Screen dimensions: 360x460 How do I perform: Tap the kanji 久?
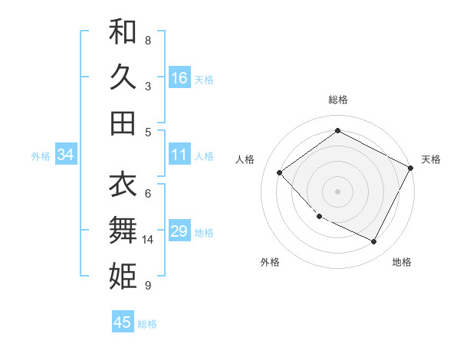click(x=123, y=77)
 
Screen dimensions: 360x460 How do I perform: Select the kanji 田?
click(x=123, y=123)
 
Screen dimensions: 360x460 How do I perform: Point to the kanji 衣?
click(x=123, y=184)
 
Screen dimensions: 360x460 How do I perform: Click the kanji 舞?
click(x=123, y=230)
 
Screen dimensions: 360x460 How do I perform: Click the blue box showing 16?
click(x=179, y=77)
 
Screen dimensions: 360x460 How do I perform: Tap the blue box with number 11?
click(x=179, y=155)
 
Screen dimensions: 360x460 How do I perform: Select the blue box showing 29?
click(x=179, y=231)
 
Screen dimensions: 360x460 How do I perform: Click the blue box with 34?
click(x=66, y=155)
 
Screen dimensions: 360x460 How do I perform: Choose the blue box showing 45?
click(x=123, y=322)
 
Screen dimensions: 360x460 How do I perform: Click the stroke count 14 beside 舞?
click(x=148, y=240)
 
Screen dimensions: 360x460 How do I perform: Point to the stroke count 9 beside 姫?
click(x=148, y=286)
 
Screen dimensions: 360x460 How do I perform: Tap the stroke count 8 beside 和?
click(x=148, y=39)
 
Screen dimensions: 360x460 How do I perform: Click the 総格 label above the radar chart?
click(x=338, y=100)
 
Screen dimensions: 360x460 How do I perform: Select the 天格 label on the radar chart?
click(x=431, y=159)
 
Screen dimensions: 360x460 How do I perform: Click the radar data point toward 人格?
click(x=280, y=173)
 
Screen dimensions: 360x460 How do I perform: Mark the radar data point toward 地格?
click(x=374, y=242)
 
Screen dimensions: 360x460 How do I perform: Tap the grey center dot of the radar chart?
click(x=338, y=191)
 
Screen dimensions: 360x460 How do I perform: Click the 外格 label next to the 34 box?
click(x=41, y=155)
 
